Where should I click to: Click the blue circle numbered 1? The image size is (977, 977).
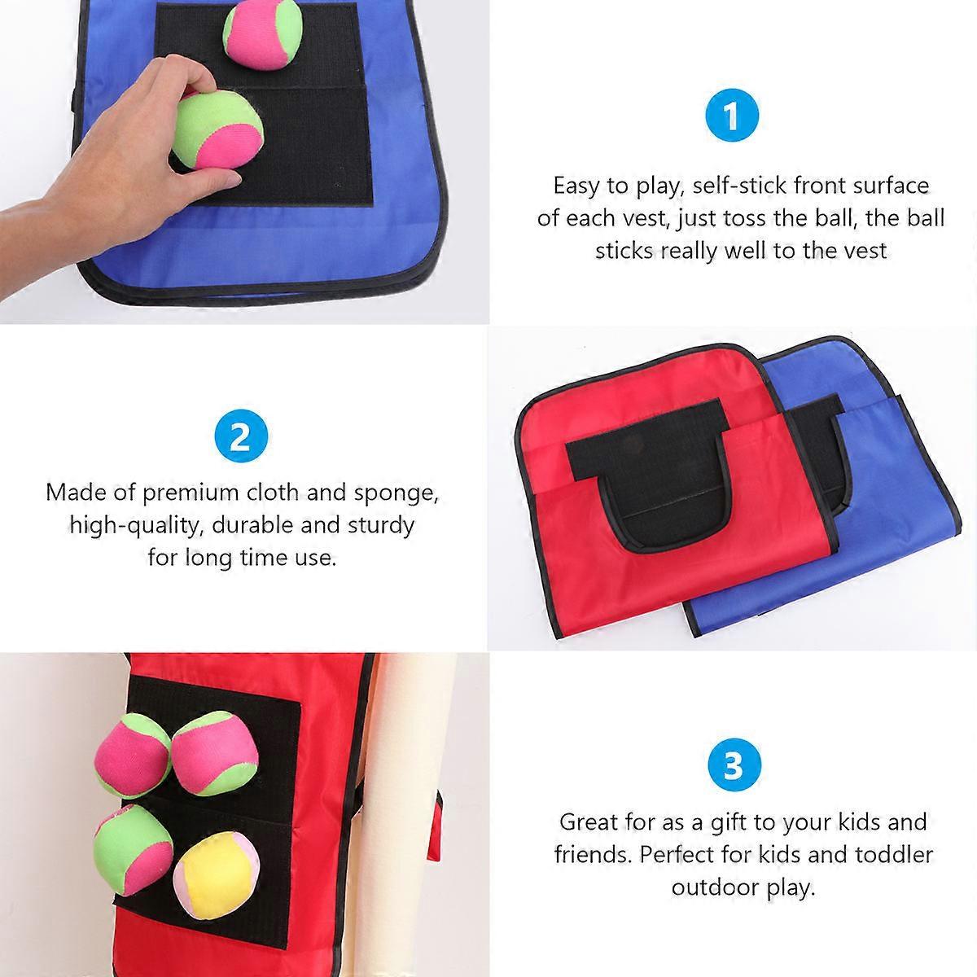pyautogui.click(x=732, y=115)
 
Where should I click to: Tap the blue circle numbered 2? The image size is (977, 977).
pyautogui.click(x=241, y=436)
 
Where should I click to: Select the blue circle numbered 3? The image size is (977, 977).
pyautogui.click(x=734, y=765)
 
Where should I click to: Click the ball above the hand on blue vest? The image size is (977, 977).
pyautogui.click(x=263, y=34)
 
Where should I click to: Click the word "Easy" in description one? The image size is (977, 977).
pyautogui.click(x=576, y=186)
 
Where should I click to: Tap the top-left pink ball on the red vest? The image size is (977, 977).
pyautogui.click(x=133, y=755)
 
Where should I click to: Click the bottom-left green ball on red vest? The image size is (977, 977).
pyautogui.click(x=134, y=850)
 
